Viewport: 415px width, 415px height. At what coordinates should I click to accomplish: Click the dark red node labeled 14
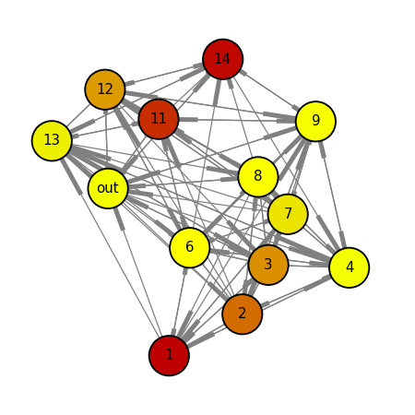(x=223, y=59)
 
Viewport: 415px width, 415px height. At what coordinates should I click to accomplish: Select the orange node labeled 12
(x=105, y=89)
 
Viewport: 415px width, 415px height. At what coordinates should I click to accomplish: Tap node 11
(x=159, y=119)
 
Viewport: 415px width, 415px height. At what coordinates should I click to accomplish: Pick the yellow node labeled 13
(x=52, y=140)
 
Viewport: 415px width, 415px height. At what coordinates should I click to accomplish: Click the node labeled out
(x=108, y=188)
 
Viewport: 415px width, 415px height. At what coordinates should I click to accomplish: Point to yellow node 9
(x=315, y=121)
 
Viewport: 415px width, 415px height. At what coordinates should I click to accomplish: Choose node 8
(x=258, y=177)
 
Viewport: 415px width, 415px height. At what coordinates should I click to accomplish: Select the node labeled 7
(x=288, y=214)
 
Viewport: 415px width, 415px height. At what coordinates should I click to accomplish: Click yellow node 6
(x=190, y=248)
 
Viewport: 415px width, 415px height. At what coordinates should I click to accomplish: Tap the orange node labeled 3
(x=268, y=265)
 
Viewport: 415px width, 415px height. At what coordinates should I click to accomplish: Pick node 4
(x=350, y=267)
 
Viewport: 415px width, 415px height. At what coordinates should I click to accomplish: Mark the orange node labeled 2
(x=243, y=314)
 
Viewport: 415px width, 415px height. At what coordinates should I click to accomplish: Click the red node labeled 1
(x=169, y=355)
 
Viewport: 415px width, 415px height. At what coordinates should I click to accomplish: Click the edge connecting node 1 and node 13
(x=111, y=248)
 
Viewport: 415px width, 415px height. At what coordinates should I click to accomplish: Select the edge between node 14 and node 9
(x=269, y=90)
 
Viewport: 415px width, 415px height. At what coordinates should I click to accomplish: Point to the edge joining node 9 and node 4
(x=333, y=195)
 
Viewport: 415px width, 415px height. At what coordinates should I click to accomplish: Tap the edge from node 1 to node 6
(x=180, y=302)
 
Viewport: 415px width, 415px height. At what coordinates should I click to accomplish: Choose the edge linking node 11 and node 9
(x=237, y=120)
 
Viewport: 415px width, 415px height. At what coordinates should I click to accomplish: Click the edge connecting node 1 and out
(x=138, y=272)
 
